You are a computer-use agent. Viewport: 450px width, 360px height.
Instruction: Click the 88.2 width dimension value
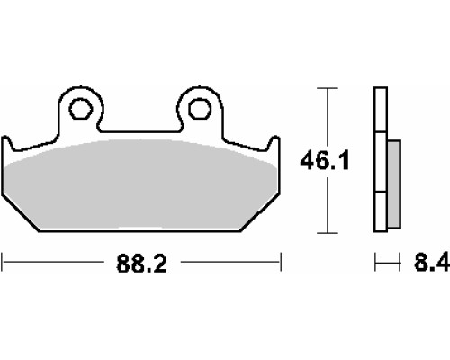click(141, 264)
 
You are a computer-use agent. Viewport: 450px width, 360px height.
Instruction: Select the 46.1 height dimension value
click(325, 161)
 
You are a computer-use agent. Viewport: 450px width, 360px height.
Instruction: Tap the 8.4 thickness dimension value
click(432, 262)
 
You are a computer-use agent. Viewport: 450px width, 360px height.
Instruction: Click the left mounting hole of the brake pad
click(80, 108)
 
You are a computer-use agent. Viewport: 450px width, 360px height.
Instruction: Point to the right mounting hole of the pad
click(200, 108)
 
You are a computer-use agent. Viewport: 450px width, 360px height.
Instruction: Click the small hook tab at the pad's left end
click(7, 143)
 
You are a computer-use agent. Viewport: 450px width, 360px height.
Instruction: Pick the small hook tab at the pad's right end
click(274, 142)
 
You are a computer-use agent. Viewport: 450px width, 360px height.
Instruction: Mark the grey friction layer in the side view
click(394, 184)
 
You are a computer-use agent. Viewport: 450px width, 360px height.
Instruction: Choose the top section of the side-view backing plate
click(381, 110)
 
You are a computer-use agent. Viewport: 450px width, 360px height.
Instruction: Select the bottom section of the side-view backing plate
click(381, 211)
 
